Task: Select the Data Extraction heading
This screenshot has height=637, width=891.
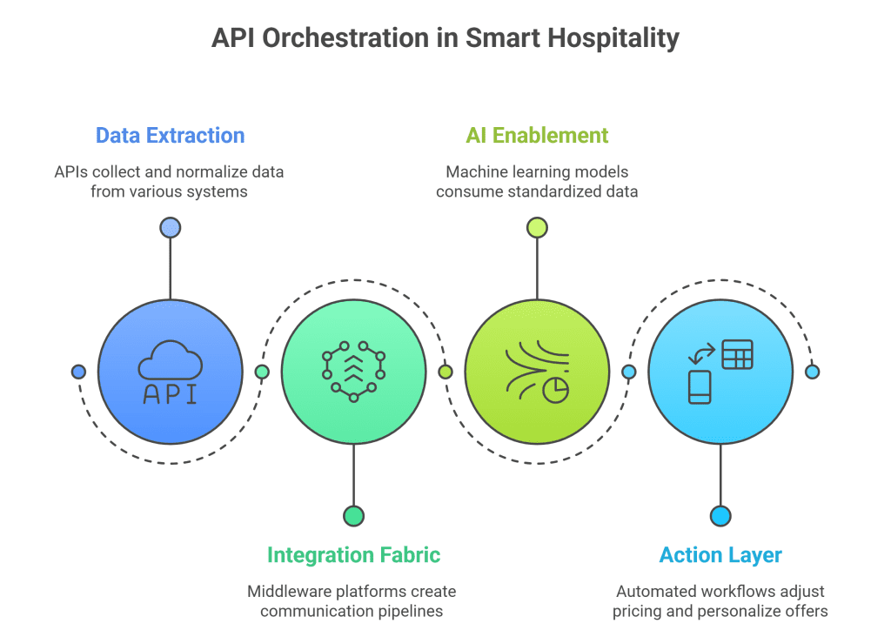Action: click(x=170, y=136)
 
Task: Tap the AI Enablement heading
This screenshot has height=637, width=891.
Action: click(x=537, y=136)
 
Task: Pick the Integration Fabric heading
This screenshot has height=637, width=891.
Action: click(x=353, y=555)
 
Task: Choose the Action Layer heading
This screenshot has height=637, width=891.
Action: click(x=720, y=555)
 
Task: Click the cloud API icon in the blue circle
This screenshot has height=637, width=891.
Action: click(x=171, y=372)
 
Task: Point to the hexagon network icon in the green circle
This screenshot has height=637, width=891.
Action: click(x=353, y=372)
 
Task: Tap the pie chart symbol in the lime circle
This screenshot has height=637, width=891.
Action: click(x=555, y=390)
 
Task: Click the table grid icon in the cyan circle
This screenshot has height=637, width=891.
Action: click(x=738, y=355)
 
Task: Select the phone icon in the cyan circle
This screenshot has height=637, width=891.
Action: click(x=700, y=387)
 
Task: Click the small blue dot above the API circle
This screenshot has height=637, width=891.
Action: click(x=170, y=228)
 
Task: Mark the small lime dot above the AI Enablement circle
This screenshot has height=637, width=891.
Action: click(x=537, y=228)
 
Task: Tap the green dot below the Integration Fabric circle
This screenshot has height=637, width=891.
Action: click(x=353, y=516)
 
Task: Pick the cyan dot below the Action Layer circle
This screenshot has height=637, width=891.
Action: click(x=720, y=516)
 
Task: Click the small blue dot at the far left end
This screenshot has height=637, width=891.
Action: click(x=78, y=372)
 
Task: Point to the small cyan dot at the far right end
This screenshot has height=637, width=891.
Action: click(x=812, y=372)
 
